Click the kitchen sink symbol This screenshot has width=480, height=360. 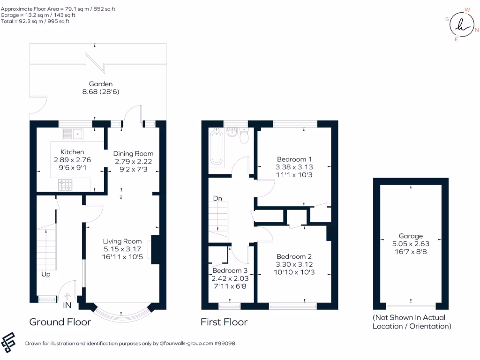[x=72, y=135]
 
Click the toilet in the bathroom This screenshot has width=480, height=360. [x=244, y=137]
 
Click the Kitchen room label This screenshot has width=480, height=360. [x=72, y=152]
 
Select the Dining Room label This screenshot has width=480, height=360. [x=134, y=153]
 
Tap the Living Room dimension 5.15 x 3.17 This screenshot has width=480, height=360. [x=122, y=249]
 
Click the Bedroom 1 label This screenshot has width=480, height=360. [x=294, y=159]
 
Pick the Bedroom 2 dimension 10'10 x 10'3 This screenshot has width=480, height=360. [x=294, y=272]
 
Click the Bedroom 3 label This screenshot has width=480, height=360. [x=230, y=270]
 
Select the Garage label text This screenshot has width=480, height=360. [x=411, y=236]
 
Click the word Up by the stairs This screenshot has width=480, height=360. [x=45, y=274]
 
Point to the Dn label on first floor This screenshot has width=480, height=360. [x=217, y=198]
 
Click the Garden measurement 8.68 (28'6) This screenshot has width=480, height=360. [x=98, y=92]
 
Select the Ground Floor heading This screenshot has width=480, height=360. [x=60, y=322]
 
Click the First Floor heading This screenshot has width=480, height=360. [x=224, y=322]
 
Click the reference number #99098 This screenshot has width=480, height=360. [x=224, y=344]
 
